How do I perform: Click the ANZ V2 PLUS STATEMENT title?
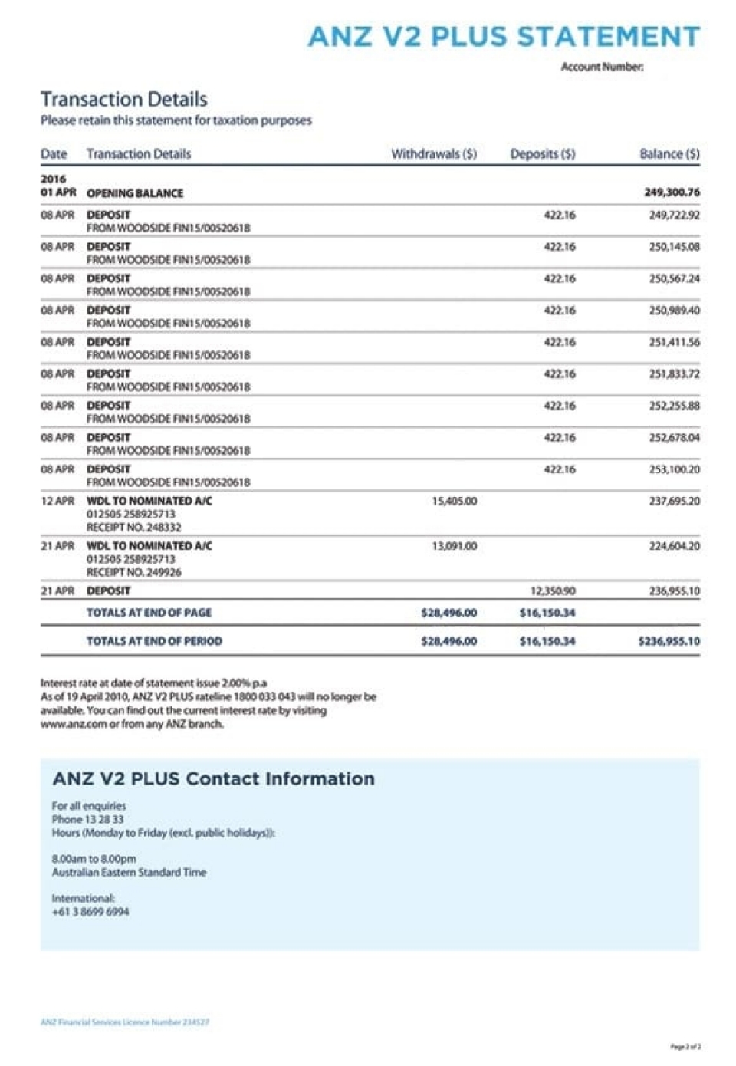(x=504, y=37)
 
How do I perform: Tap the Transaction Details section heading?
(x=124, y=100)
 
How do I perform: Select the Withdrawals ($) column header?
(x=434, y=154)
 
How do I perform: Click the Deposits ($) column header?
(x=543, y=154)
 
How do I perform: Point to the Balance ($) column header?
(x=669, y=154)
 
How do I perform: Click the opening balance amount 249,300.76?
(x=672, y=192)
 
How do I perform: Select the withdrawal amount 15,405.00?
(x=454, y=502)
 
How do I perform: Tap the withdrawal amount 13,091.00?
(x=454, y=546)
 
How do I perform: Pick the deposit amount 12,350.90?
(x=553, y=591)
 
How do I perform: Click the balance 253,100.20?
(x=674, y=469)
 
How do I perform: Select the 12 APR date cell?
(x=58, y=502)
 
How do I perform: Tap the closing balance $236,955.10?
(x=669, y=641)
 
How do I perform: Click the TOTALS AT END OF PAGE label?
(x=149, y=613)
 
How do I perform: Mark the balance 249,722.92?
(x=674, y=216)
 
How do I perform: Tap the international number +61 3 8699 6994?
(x=90, y=912)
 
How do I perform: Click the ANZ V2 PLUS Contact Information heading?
(x=214, y=779)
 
